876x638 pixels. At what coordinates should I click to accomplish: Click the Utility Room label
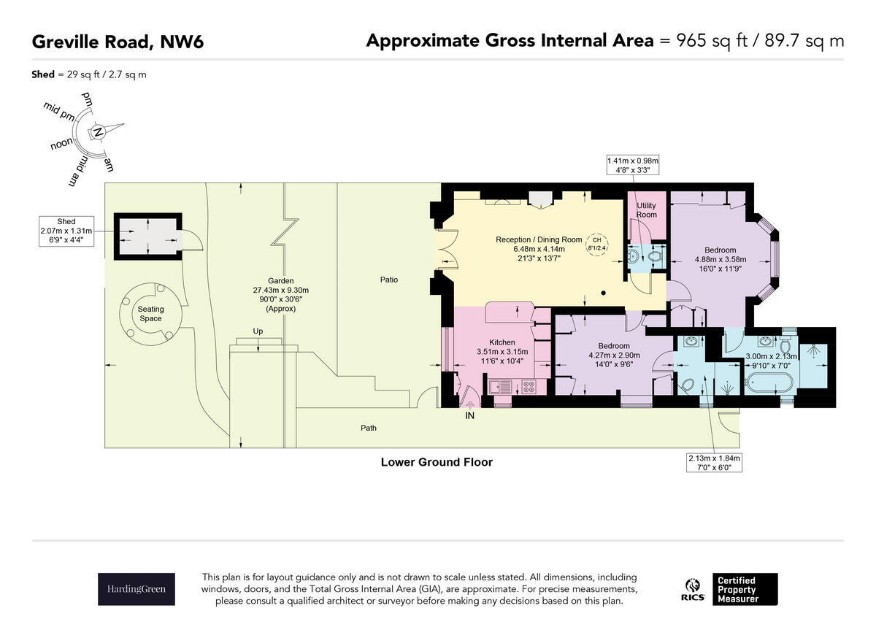coord(646,210)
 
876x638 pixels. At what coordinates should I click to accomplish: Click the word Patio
coord(388,280)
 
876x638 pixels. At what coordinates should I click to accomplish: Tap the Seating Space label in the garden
coord(150,314)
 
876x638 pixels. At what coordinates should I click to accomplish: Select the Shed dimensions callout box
coord(66,231)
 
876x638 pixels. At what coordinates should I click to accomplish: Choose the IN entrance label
coord(469,416)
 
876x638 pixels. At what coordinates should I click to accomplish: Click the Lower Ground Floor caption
coord(437,462)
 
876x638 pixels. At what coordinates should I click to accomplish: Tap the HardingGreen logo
coord(137,589)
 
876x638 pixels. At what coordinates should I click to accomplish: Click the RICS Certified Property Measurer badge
coord(731,589)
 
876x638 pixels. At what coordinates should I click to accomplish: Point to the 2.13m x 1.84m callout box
coord(714,463)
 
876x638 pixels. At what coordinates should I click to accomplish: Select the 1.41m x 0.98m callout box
coord(633,165)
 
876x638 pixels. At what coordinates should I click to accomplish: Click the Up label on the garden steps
coord(257,331)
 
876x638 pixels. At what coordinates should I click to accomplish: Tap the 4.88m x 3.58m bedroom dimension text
coord(721,259)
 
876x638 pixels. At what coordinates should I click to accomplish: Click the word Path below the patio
coord(369,428)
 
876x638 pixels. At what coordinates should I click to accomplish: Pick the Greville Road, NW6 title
coord(118,42)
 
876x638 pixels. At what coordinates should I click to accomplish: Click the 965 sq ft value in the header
coord(707,40)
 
